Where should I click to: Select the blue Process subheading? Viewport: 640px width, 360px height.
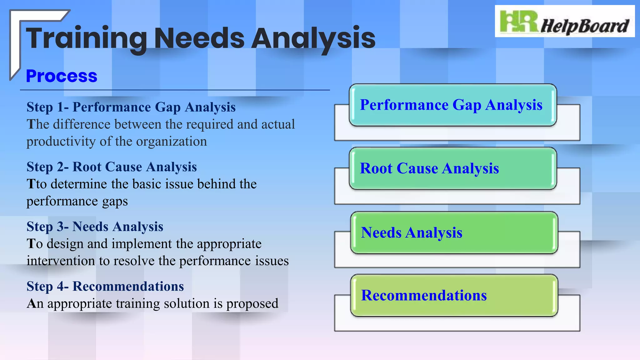pyautogui.click(x=62, y=76)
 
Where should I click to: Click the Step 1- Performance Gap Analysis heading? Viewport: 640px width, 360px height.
pyautogui.click(x=131, y=107)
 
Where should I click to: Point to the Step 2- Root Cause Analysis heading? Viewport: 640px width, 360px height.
pyautogui.click(x=112, y=167)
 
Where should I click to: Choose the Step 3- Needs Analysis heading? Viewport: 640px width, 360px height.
pyautogui.click(x=95, y=227)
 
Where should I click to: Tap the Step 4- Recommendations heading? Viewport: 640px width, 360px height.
pyautogui.click(x=105, y=286)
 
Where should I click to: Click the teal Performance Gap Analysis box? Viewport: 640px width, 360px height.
pyautogui.click(x=452, y=105)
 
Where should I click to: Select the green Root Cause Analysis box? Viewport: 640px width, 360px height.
pyautogui.click(x=452, y=168)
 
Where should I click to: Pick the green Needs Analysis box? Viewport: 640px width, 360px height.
pyautogui.click(x=454, y=232)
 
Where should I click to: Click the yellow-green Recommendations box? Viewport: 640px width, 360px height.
pyautogui.click(x=454, y=295)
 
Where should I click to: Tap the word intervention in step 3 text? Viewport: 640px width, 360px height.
pyautogui.click(x=61, y=261)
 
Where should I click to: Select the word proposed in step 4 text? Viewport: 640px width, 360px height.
pyautogui.click(x=252, y=304)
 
